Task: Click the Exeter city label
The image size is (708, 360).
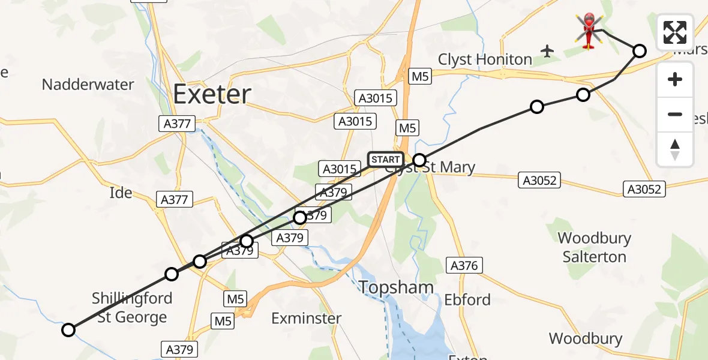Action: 212,94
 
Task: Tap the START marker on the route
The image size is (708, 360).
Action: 385,160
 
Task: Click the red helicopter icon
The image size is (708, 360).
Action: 590,31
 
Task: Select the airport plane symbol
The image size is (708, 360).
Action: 547,51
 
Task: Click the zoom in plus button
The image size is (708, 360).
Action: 675,79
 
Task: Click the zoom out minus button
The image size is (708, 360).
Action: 675,114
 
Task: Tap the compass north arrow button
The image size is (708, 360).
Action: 675,149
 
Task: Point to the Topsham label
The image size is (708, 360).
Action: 397,287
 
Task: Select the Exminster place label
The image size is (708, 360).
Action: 306,318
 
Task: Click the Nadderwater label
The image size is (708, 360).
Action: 88,85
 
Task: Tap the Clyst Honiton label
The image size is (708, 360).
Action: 485,59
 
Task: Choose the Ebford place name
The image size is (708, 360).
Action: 467,300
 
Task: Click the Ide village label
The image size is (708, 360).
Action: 121,193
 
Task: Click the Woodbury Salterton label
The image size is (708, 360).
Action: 594,247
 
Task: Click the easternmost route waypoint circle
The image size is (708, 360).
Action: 640,51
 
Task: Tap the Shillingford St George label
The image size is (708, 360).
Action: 132,307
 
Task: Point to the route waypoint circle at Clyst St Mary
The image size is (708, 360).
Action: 419,160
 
